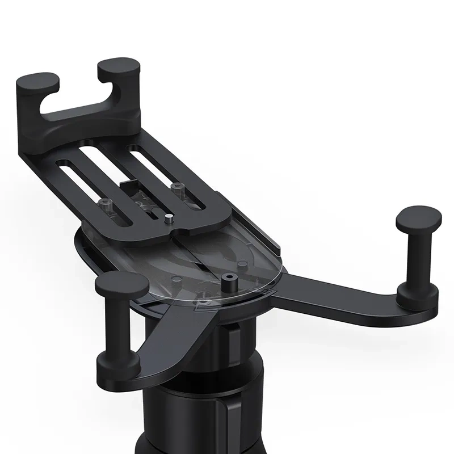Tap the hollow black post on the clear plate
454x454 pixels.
(x=229, y=280)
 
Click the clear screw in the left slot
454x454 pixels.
(x=105, y=201)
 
